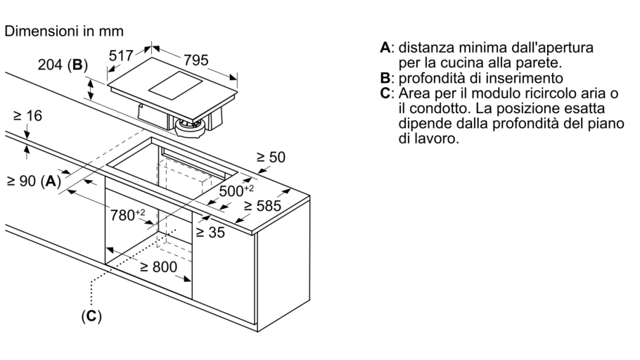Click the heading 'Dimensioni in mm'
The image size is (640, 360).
pyautogui.click(x=65, y=32)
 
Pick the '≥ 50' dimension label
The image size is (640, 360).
pyautogui.click(x=271, y=159)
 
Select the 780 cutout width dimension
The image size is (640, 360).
pyautogui.click(x=131, y=214)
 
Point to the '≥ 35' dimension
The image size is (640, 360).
pyautogui.click(x=210, y=232)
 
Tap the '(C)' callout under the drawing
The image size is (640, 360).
pyautogui.click(x=91, y=317)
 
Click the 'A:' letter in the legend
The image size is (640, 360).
pyautogui.click(x=386, y=49)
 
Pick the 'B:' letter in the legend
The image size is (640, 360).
pyautogui.click(x=386, y=78)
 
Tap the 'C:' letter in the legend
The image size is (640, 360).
pyautogui.click(x=386, y=94)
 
